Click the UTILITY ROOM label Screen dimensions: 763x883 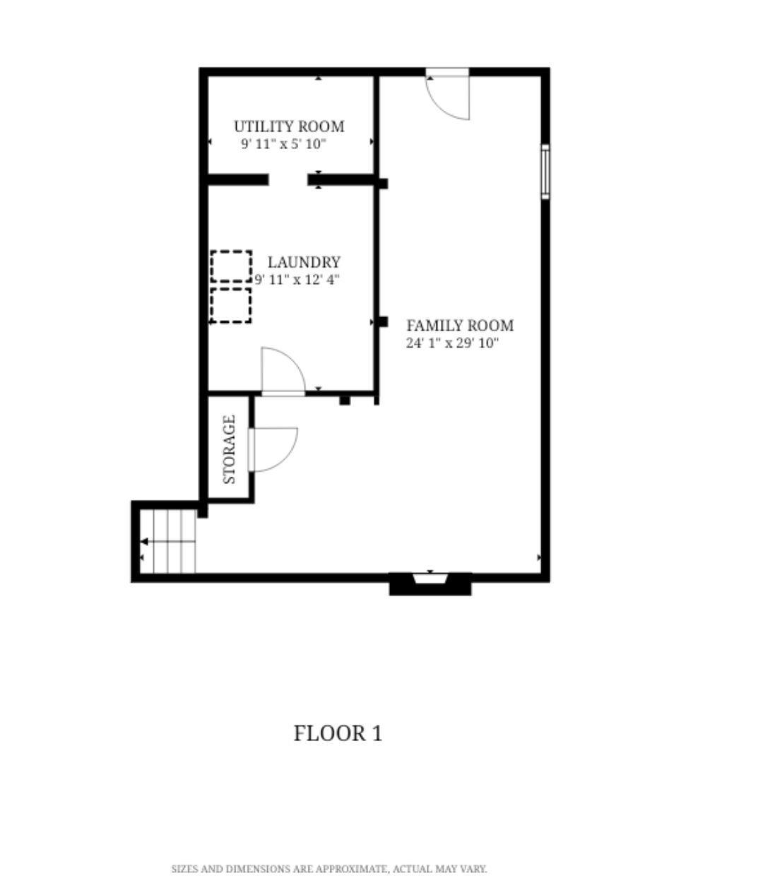tap(289, 126)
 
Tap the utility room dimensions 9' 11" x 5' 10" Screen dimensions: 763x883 tap(284, 144)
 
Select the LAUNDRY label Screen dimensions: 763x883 tap(304, 262)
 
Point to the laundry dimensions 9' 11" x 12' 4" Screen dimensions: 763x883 tap(297, 280)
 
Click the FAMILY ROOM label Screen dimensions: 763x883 tap(460, 326)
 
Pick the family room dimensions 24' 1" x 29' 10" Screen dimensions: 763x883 tap(452, 343)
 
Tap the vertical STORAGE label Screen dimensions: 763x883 tap(230, 449)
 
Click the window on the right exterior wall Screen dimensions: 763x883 tap(545, 172)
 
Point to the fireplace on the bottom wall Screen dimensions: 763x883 tap(430, 584)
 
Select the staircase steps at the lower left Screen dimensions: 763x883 tap(168, 541)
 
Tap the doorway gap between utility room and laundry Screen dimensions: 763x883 tap(288, 180)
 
